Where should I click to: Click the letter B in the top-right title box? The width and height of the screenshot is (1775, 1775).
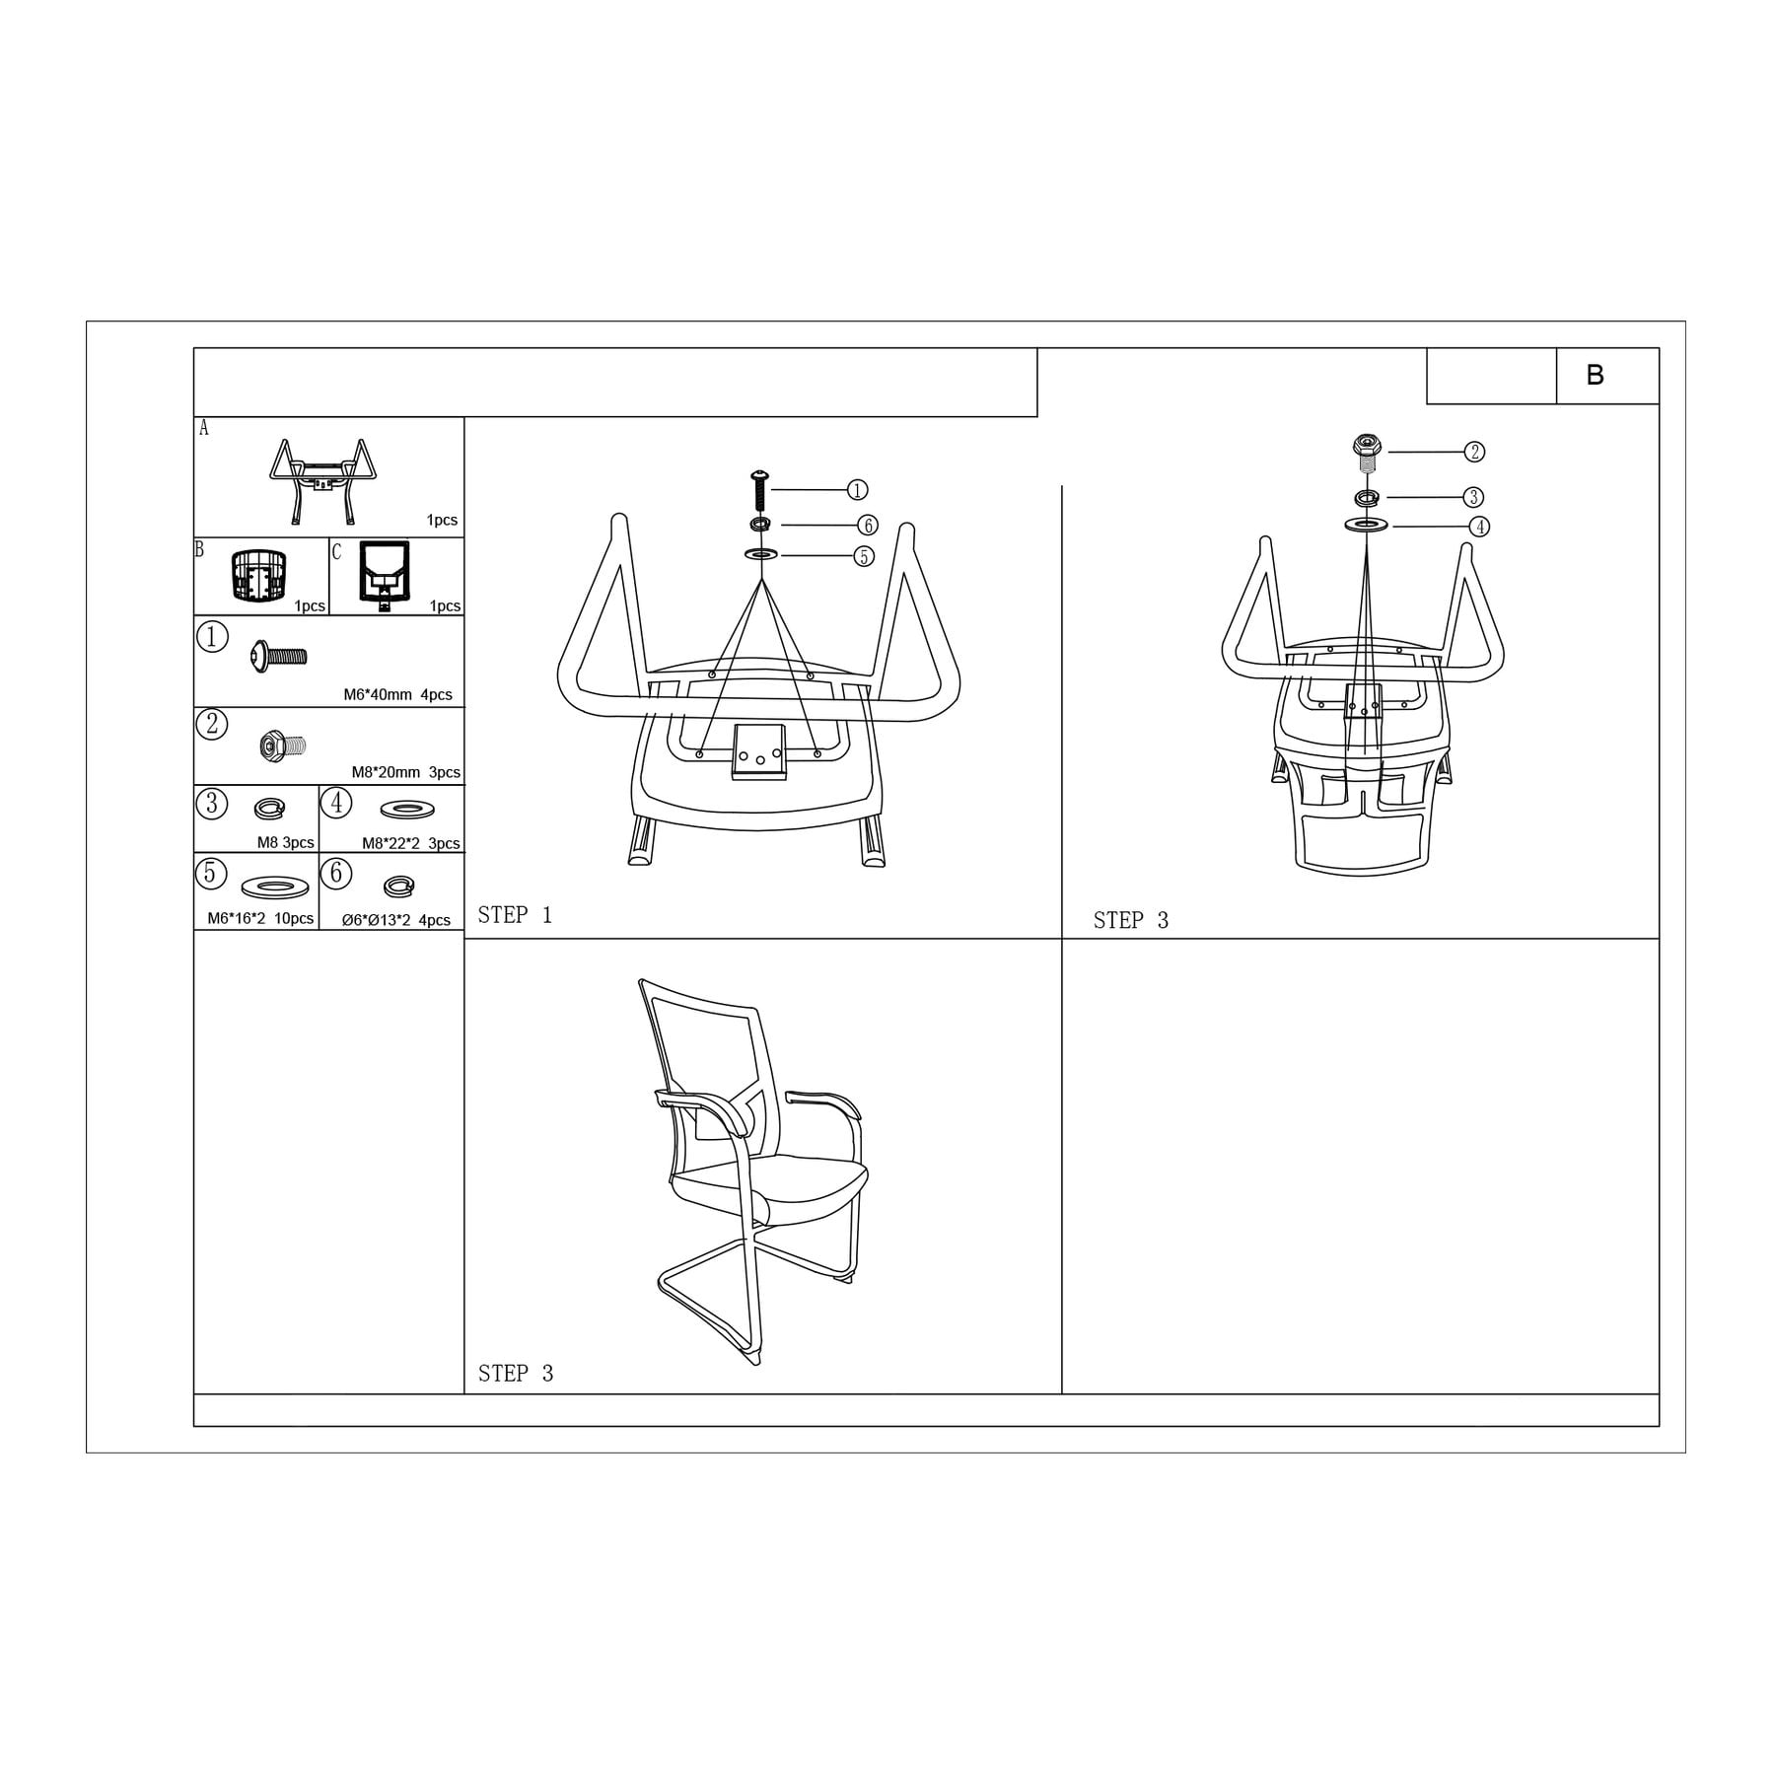(1595, 375)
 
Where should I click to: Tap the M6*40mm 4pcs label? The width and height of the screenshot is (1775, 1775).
(397, 694)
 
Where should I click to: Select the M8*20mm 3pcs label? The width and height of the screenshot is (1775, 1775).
(405, 772)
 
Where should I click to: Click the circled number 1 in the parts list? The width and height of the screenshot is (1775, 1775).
(212, 637)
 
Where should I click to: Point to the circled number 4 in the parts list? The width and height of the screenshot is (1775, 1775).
(336, 803)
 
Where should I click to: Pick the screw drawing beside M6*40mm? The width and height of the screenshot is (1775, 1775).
(279, 655)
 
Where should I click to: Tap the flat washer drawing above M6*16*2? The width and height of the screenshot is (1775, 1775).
(274, 887)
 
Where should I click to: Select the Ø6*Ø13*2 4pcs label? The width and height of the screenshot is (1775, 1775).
(395, 920)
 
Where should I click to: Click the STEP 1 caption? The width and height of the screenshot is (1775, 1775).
(515, 915)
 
